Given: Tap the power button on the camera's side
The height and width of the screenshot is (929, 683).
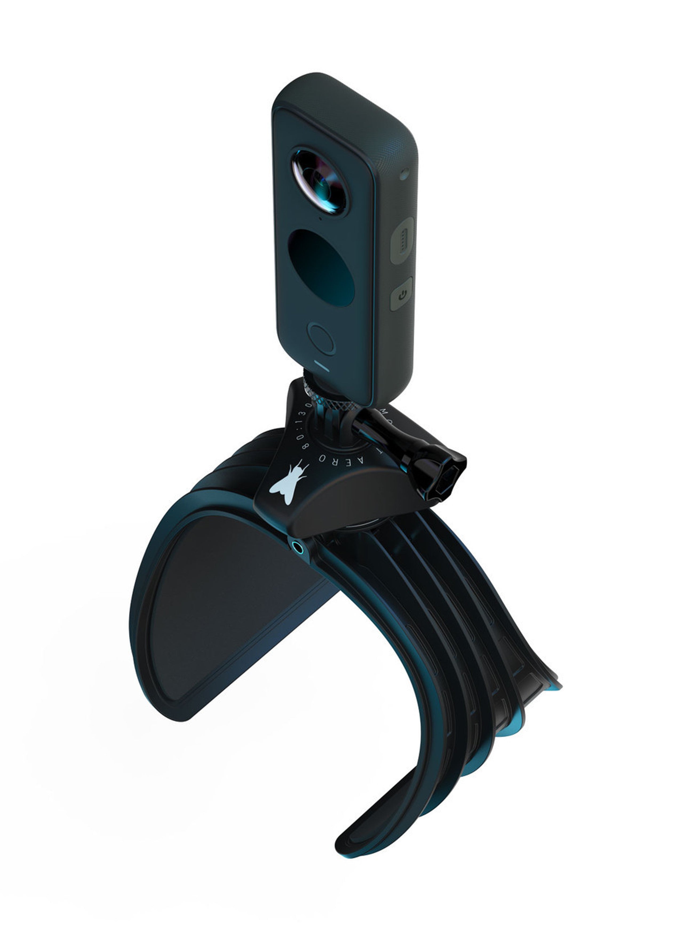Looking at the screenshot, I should click(x=402, y=294).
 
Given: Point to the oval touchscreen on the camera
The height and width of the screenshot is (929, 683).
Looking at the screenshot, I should click(x=321, y=268).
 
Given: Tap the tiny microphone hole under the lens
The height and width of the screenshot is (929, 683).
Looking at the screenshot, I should click(x=320, y=218).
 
